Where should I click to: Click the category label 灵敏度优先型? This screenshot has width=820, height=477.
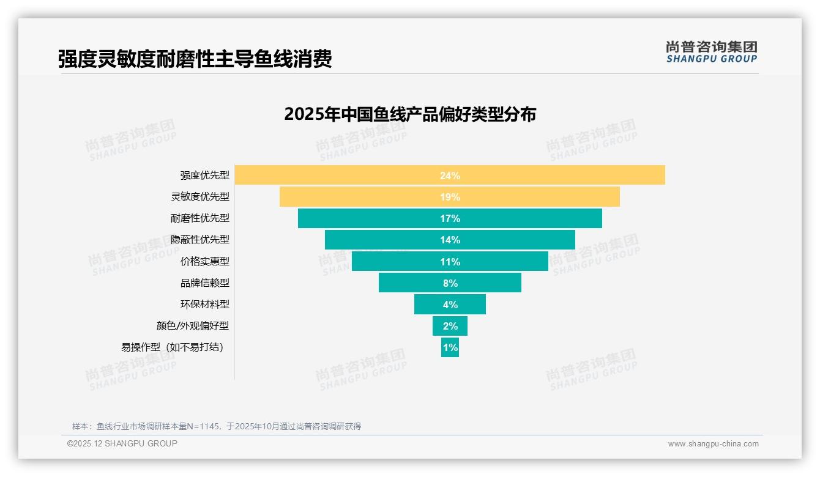click(x=200, y=197)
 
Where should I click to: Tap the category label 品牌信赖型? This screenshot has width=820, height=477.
click(x=205, y=283)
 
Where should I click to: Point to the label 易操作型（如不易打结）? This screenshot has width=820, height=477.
click(x=172, y=347)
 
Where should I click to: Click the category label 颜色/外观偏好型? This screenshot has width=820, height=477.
click(x=193, y=326)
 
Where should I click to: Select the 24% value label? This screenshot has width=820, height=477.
click(x=450, y=176)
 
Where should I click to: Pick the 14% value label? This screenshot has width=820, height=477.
click(x=450, y=240)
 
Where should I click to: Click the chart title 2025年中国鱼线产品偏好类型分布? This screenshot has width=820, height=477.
click(x=410, y=114)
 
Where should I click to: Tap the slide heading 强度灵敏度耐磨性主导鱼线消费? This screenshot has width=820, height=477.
click(x=195, y=59)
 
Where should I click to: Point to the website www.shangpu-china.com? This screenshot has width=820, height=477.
click(x=713, y=444)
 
